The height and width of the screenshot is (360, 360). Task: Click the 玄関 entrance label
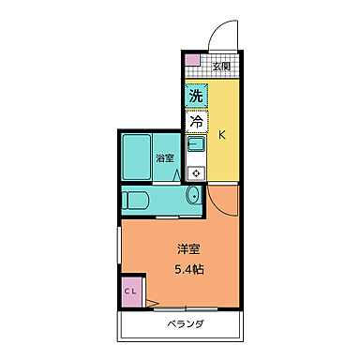click(220, 66)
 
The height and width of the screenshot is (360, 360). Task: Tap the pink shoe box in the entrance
click(192, 63)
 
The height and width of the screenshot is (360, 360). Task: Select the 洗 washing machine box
click(195, 96)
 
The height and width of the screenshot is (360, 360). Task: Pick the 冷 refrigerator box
click(195, 121)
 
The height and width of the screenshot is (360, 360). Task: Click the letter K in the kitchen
click(222, 134)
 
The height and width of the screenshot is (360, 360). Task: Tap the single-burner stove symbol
click(196, 172)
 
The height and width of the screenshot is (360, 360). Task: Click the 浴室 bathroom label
click(165, 158)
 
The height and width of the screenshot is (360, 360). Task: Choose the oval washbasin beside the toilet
click(192, 196)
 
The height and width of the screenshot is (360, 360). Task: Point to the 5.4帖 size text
click(189, 270)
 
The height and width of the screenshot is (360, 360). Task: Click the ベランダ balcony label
click(186, 325)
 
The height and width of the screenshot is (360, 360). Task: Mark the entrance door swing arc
click(223, 33)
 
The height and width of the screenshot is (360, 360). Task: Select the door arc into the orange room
click(222, 199)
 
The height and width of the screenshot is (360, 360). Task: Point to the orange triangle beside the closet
click(149, 302)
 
